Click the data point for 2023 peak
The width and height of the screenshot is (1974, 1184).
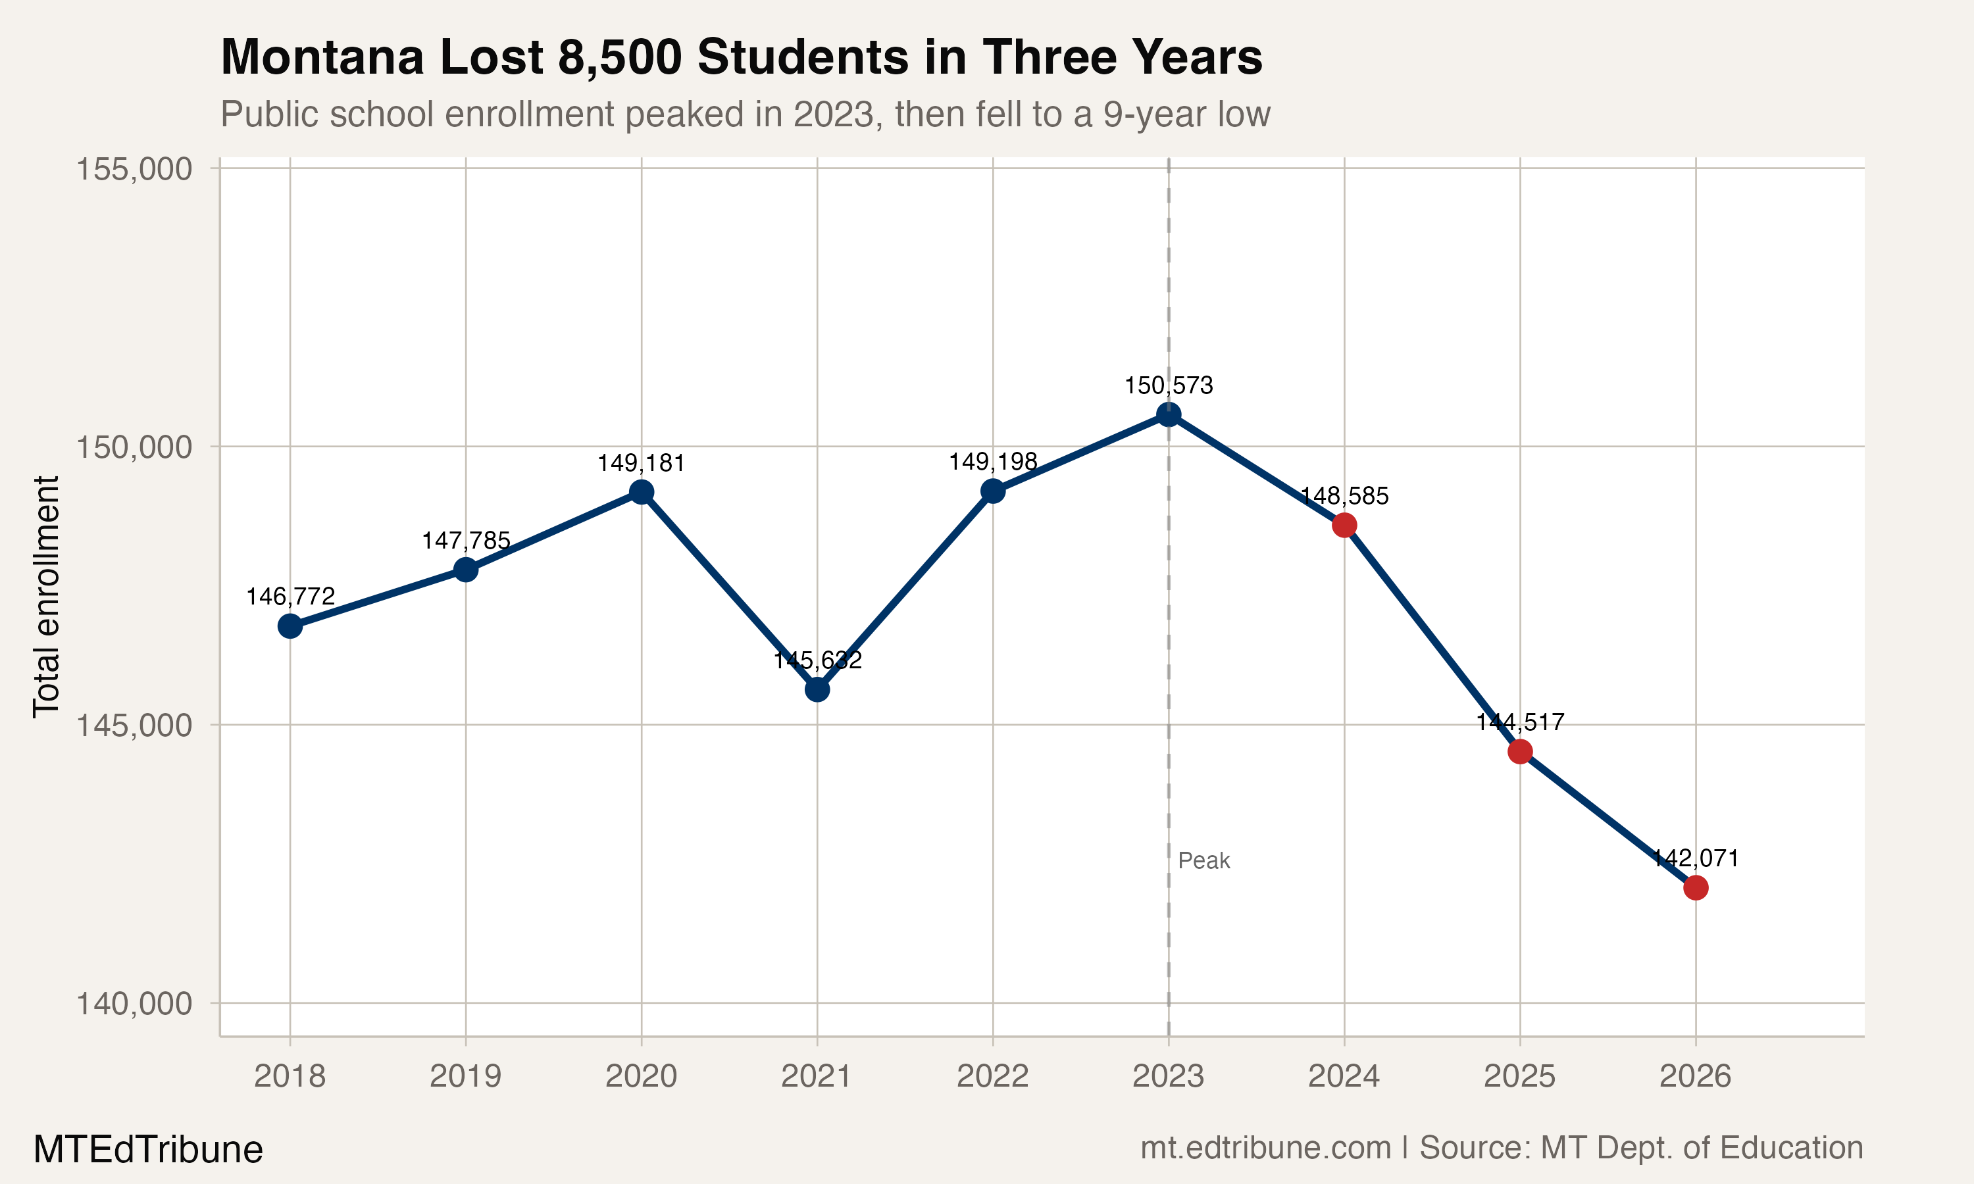pos(1168,414)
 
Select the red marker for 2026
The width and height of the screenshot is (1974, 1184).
pos(1696,887)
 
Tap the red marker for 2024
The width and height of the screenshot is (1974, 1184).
pos(1344,525)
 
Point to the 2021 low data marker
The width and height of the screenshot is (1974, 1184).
pos(817,689)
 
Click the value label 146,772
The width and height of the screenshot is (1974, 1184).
pos(290,596)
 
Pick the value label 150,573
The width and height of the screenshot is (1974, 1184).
pos(1168,385)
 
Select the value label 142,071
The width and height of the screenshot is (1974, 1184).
pos(1696,858)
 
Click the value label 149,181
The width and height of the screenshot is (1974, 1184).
pos(642,463)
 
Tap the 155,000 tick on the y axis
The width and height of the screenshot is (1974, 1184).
pos(134,169)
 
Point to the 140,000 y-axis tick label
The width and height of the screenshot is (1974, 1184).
pos(134,1004)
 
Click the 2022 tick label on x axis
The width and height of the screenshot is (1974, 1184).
pos(992,1076)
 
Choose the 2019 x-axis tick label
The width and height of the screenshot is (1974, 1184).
pos(466,1076)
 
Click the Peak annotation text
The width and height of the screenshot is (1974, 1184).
pos(1204,861)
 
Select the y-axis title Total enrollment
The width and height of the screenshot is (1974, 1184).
pos(46,597)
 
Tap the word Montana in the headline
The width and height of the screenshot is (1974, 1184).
pos(322,57)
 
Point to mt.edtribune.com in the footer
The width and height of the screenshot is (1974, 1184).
pos(1265,1147)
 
